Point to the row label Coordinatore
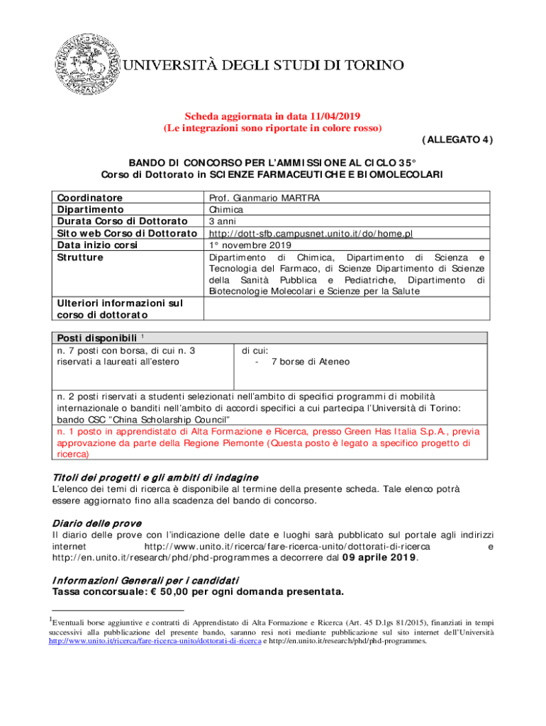tap(89, 198)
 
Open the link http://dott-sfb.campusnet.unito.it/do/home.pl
tap(311, 233)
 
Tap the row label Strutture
tap(79, 257)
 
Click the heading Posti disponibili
tap(95, 337)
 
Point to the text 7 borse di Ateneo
tap(310, 362)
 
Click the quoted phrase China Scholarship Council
tap(141, 419)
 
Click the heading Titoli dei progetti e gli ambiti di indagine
tap(155, 477)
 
